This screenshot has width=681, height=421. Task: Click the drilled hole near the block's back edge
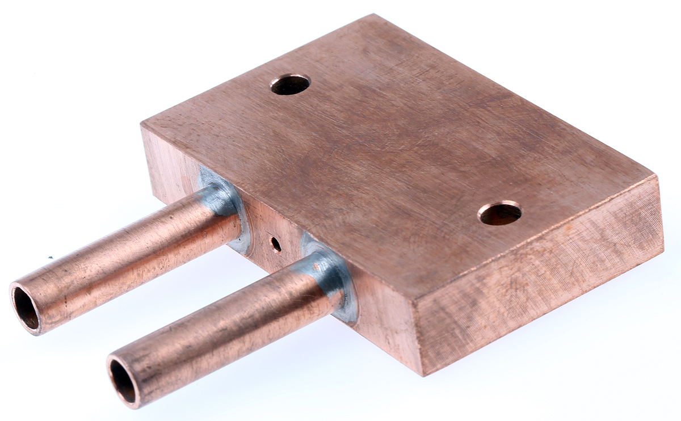pyautogui.click(x=290, y=85)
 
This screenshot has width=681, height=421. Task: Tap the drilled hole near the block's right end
pyautogui.click(x=499, y=213)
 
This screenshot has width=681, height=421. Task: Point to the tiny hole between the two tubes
pyautogui.click(x=276, y=245)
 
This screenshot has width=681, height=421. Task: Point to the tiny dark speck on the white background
pyautogui.click(x=50, y=257)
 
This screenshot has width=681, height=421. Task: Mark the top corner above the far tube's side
pyautogui.click(x=142, y=124)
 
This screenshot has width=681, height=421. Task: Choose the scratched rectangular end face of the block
pyautogui.click(x=539, y=272)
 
